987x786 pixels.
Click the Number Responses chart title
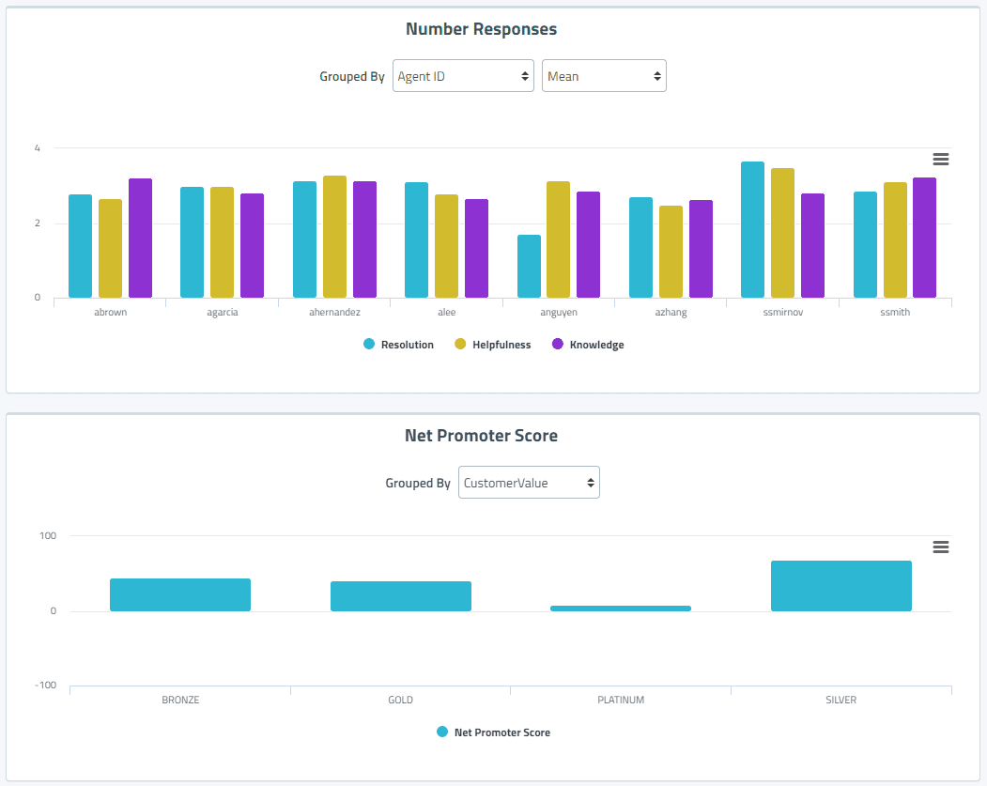click(481, 29)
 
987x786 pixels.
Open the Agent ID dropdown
click(463, 76)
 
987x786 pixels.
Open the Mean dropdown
click(604, 76)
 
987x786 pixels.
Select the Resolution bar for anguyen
click(529, 267)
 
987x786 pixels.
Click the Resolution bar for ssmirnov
click(752, 230)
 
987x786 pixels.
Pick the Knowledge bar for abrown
click(140, 239)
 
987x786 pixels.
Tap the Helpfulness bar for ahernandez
click(334, 237)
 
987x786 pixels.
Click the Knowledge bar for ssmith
click(924, 238)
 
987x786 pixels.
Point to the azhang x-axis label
click(671, 313)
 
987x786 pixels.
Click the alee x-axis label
click(446, 313)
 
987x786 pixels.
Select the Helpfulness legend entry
click(501, 345)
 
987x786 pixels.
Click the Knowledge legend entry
click(596, 345)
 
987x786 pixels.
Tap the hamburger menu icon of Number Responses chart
click(940, 160)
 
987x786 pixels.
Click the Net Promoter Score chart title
click(481, 436)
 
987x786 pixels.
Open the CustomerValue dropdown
click(529, 483)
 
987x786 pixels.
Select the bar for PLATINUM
click(621, 609)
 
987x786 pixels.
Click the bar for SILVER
click(840, 586)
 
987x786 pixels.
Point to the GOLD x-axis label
click(400, 700)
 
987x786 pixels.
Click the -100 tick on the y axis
click(46, 686)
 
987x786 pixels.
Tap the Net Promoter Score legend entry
click(501, 732)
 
